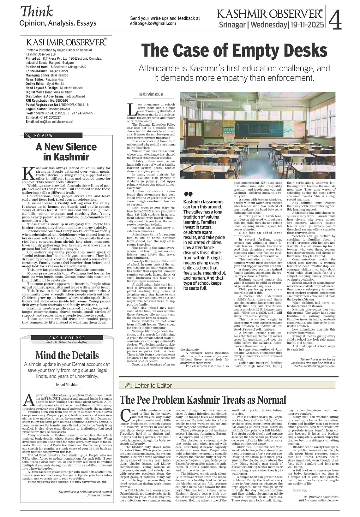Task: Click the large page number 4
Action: [335, 20]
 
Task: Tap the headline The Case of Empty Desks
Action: [234, 51]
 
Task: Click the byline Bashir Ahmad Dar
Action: [151, 94]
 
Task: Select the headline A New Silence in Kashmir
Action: [66, 152]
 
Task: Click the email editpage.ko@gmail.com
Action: [153, 23]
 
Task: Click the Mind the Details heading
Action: [67, 355]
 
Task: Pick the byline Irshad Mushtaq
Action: [67, 385]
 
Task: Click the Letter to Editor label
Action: [153, 385]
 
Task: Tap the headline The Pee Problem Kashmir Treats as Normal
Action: [203, 400]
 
